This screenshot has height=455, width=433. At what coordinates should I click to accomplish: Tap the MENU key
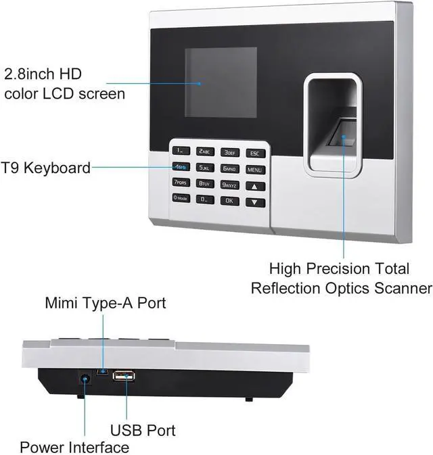(x=254, y=170)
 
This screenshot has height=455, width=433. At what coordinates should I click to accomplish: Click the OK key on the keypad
(x=229, y=200)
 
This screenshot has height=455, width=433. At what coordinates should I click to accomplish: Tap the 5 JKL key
(x=205, y=167)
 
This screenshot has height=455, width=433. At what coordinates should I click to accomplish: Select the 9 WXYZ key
(x=229, y=185)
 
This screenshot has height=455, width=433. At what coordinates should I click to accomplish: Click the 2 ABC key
(x=205, y=152)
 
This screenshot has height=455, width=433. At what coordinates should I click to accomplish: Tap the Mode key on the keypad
(x=181, y=198)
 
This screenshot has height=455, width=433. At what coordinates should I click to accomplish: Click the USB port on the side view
(x=124, y=377)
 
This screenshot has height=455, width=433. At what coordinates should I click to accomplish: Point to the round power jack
(x=85, y=381)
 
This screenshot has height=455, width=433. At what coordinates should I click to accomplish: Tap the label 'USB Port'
(x=143, y=430)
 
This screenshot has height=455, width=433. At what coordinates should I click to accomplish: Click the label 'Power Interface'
(x=74, y=447)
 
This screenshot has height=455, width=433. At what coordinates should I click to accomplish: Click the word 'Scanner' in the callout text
(x=396, y=288)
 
